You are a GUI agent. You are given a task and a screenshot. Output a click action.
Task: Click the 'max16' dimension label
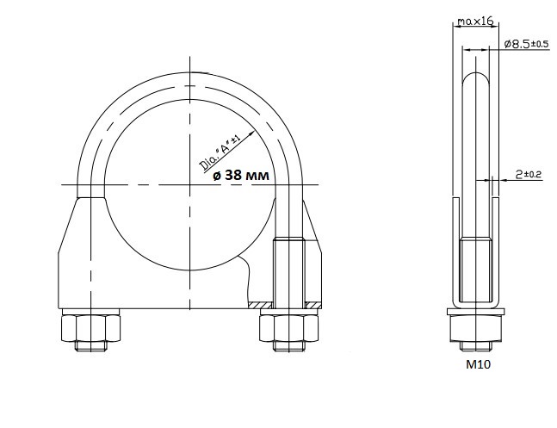475,22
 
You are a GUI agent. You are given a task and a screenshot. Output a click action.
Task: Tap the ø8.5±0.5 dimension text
527,44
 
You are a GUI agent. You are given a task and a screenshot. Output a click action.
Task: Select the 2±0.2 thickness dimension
529,174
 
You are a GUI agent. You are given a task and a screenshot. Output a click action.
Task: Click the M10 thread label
478,364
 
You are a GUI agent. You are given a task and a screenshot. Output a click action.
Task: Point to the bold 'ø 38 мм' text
241,175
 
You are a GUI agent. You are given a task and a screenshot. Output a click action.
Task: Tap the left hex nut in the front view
90,328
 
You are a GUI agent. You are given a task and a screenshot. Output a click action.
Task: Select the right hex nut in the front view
288,328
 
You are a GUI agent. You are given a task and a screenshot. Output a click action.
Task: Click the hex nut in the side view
476,328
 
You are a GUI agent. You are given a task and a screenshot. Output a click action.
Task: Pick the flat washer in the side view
476,312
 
